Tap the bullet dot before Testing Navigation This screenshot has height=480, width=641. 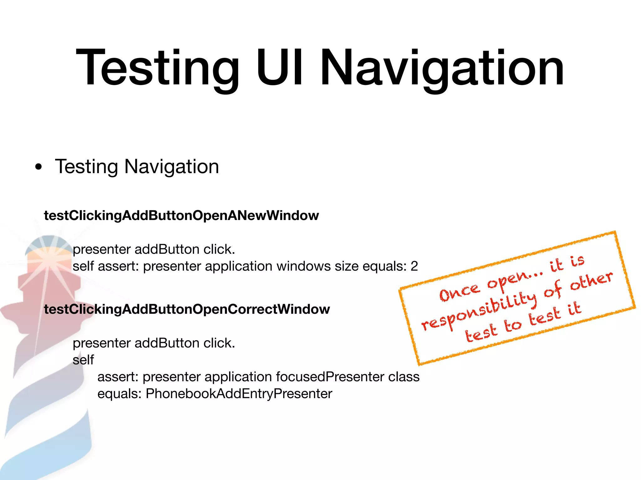(x=38, y=167)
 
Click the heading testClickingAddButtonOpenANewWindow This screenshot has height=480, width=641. (x=181, y=216)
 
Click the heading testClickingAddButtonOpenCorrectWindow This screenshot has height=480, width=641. (x=187, y=309)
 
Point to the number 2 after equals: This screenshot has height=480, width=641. (x=414, y=266)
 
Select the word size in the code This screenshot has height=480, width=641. (x=346, y=266)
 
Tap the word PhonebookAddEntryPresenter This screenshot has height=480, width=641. (x=238, y=394)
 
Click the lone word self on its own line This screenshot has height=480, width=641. (x=83, y=360)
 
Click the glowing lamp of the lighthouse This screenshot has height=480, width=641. (x=49, y=259)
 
